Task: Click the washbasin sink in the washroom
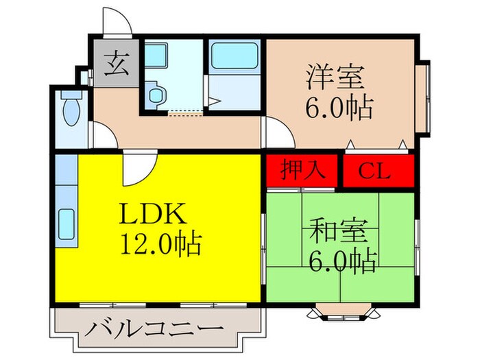[x=156, y=54]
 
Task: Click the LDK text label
[x=152, y=215]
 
